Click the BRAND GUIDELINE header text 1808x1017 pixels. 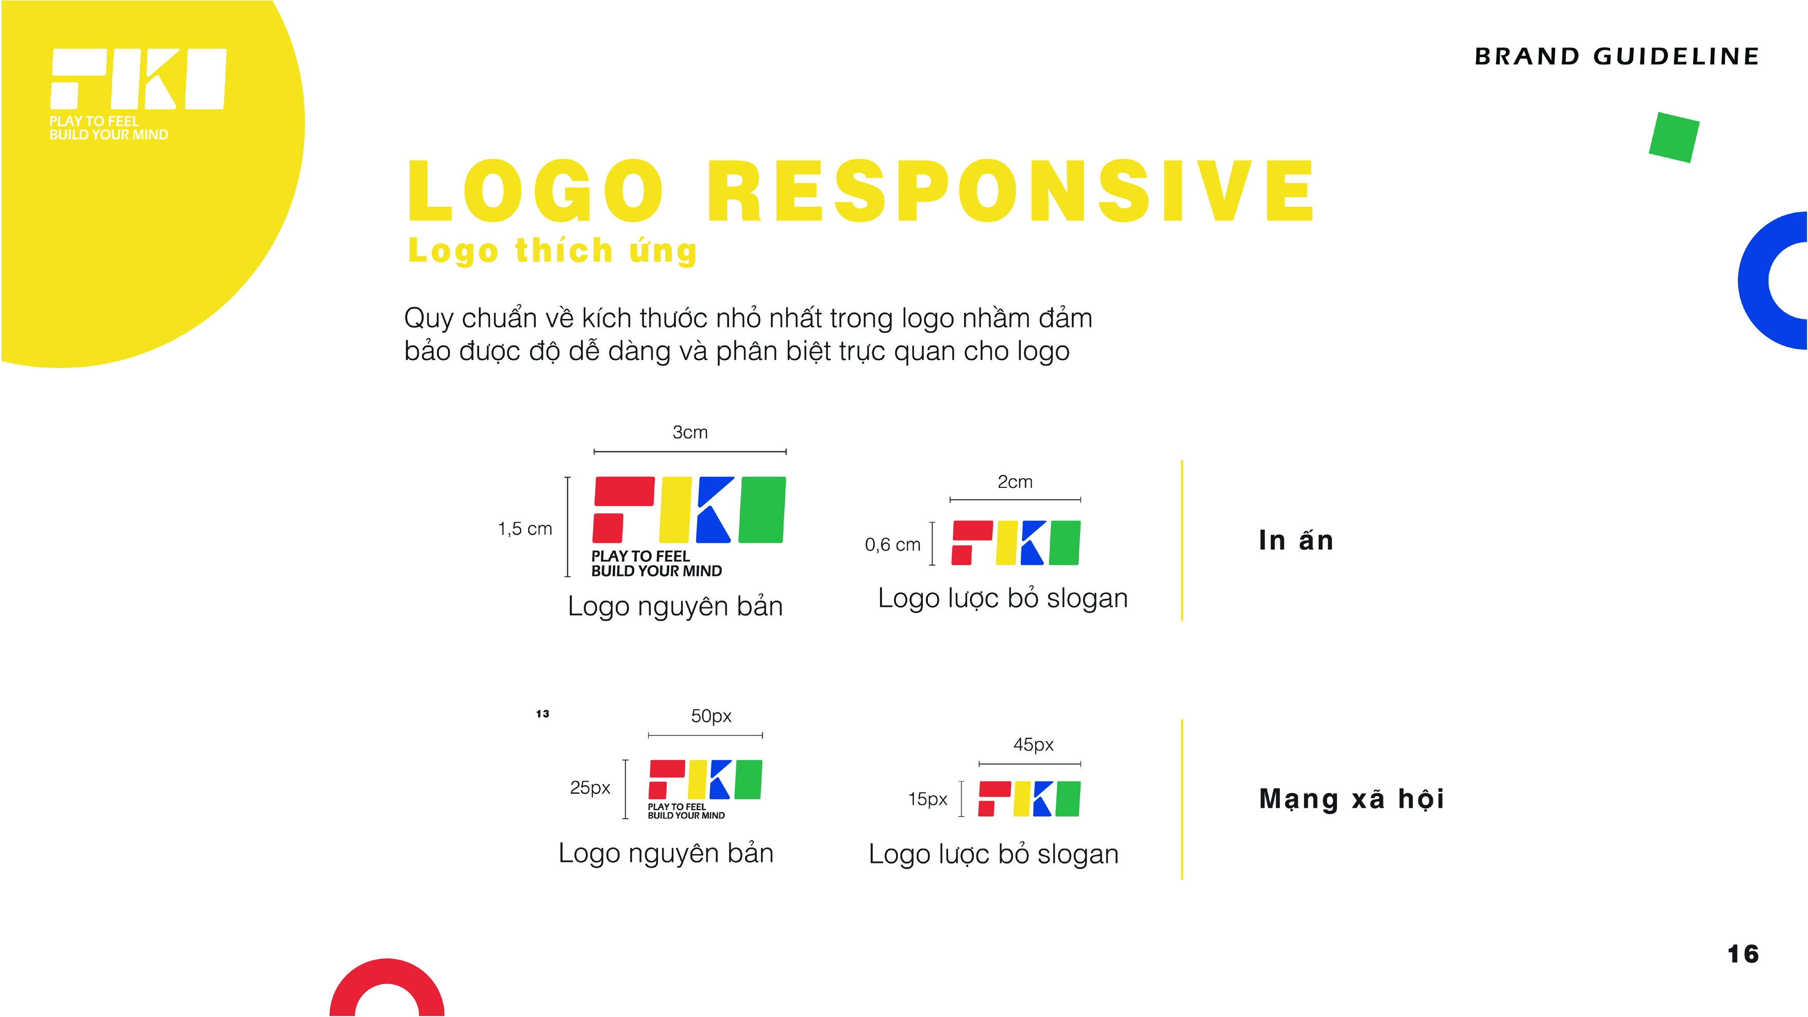click(1616, 56)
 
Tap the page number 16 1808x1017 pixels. click(1743, 954)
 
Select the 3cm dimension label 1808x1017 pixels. click(690, 432)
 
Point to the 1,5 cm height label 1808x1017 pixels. click(525, 529)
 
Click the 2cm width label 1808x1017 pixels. click(1015, 482)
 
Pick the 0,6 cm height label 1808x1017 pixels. click(892, 545)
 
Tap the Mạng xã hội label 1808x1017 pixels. click(1351, 799)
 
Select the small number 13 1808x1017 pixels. click(543, 714)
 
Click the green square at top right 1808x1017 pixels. click(1674, 138)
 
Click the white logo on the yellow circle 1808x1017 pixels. click(138, 93)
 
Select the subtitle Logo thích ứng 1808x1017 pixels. click(552, 250)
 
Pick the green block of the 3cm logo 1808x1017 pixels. click(762, 510)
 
